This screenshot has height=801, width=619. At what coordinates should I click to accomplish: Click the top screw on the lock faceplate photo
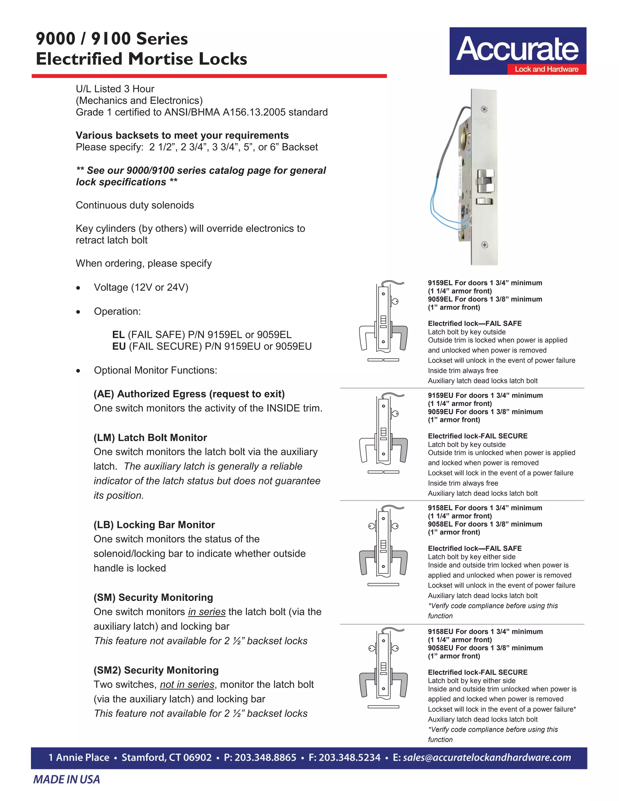click(x=484, y=109)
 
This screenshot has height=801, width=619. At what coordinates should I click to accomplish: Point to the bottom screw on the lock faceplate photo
click(x=484, y=245)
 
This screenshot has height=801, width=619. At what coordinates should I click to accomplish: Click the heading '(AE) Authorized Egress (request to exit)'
click(x=189, y=394)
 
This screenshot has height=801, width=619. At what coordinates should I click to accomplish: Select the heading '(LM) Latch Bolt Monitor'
click(x=150, y=438)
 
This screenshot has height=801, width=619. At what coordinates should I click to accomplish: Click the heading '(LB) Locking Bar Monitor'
click(x=154, y=525)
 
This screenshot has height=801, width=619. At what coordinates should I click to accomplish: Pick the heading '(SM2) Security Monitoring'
click(x=156, y=670)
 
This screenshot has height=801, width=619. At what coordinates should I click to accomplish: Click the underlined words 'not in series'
click(x=187, y=685)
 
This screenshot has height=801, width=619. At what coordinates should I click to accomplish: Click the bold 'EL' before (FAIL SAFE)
click(x=118, y=335)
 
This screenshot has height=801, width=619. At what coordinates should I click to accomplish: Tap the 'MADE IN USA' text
click(x=66, y=779)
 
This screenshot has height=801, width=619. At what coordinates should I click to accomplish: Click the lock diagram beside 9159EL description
click(x=383, y=321)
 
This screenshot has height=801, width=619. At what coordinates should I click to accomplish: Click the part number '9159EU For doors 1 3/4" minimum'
click(x=485, y=395)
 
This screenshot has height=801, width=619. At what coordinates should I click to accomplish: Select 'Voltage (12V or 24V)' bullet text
click(x=141, y=287)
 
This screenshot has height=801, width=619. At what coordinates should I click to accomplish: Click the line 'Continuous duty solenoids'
click(x=134, y=205)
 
